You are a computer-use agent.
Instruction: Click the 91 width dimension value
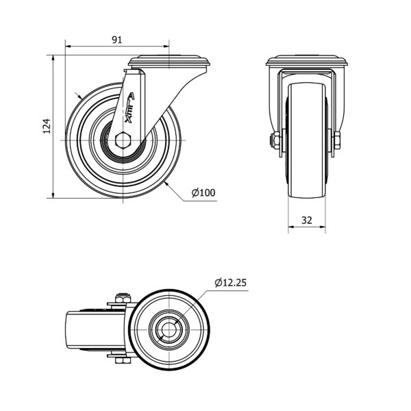(117, 40)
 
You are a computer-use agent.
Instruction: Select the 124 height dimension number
(47, 126)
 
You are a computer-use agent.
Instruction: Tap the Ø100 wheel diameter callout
(203, 192)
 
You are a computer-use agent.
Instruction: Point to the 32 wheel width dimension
(307, 220)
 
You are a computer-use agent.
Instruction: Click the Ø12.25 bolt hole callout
(231, 282)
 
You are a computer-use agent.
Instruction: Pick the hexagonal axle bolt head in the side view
(123, 140)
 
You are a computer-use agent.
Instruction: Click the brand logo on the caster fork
(129, 108)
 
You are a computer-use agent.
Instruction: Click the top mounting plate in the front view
(307, 60)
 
